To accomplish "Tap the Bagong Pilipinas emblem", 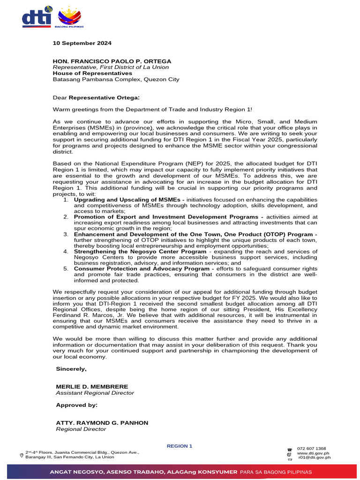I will tap(69, 18).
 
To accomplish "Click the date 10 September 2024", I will tap(82, 43).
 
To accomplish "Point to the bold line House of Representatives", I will tap(92, 73).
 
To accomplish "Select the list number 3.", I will tap(66, 234).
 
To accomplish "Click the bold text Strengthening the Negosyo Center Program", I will tap(140, 251).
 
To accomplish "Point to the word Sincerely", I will tap(71, 369).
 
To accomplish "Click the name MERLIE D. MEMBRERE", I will tap(89, 387).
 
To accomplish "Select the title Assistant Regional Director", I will tap(95, 393).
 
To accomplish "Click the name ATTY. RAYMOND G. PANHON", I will tap(102, 423).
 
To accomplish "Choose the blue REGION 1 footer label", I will tap(180, 446).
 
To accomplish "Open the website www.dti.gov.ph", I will tap(314, 453).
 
